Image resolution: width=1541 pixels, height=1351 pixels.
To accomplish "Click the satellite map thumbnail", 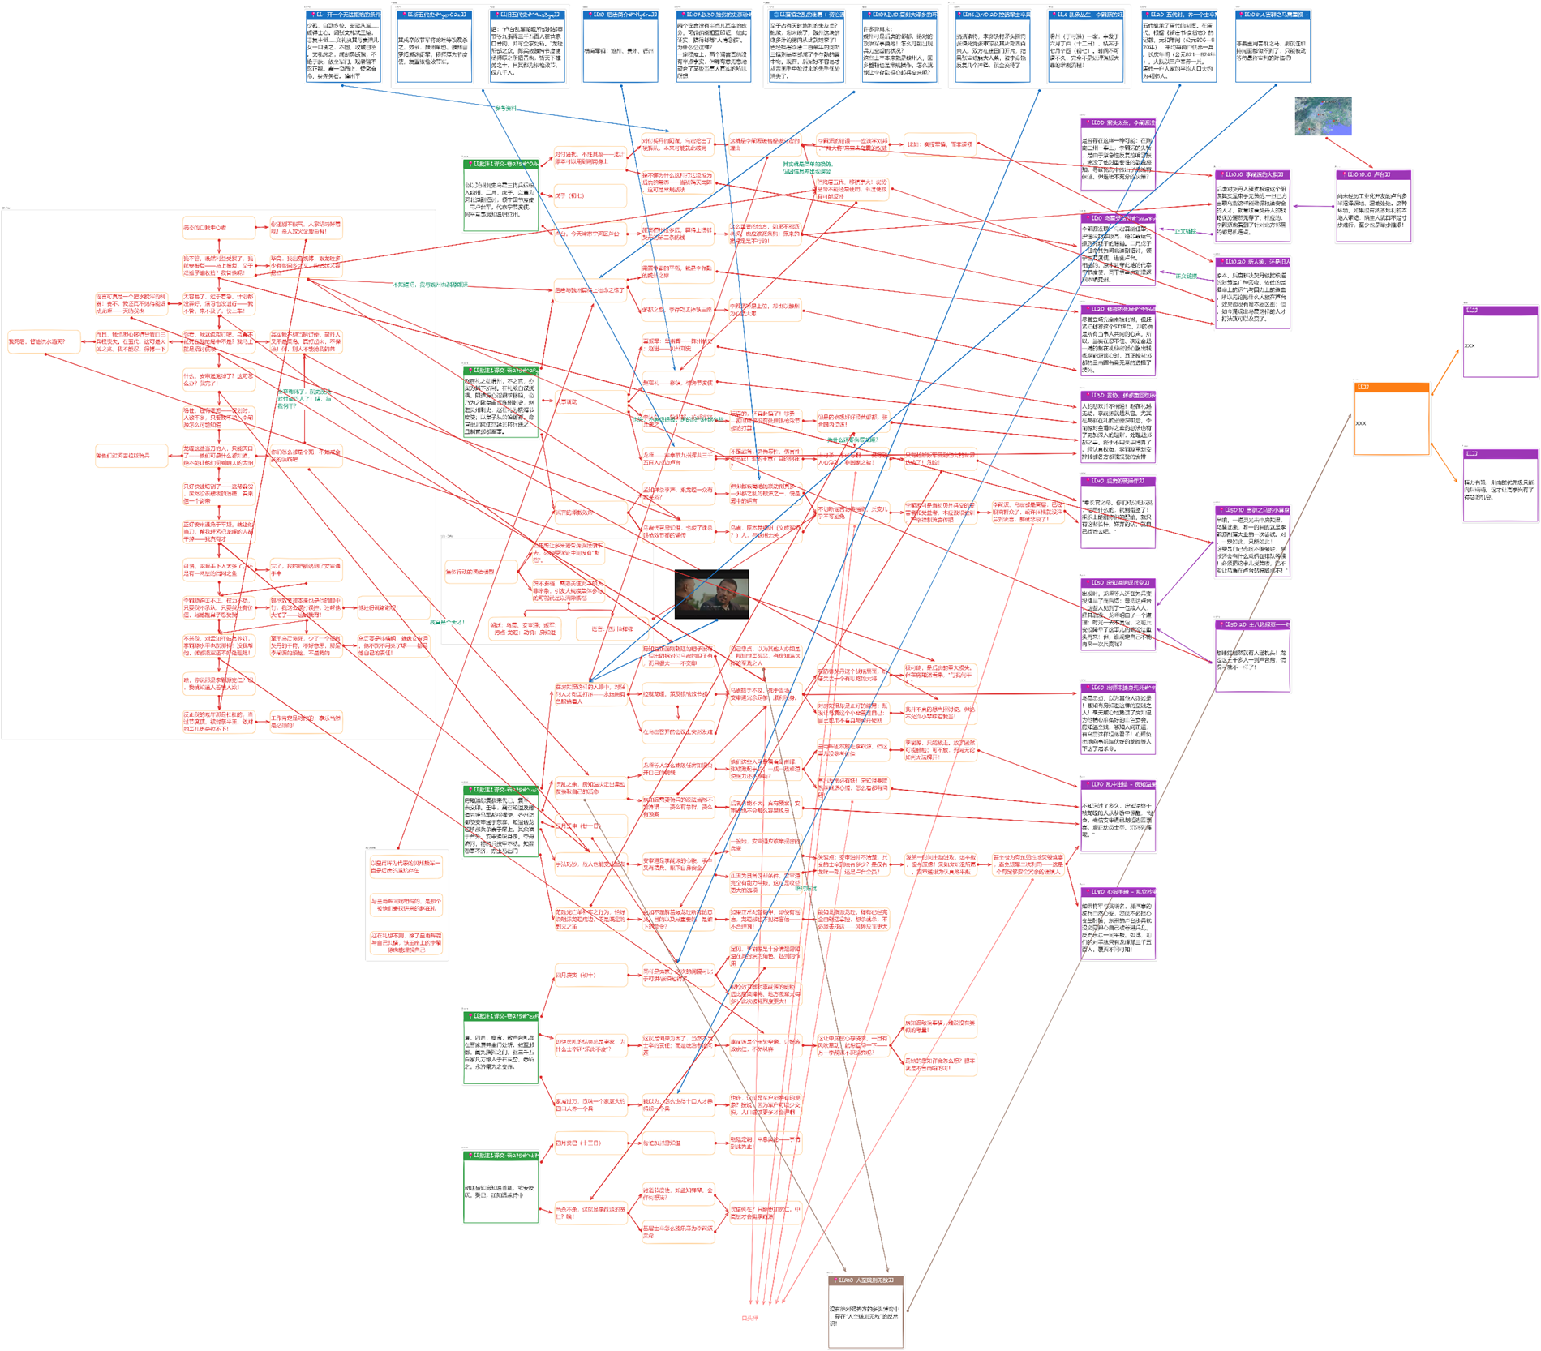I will point(1323,116).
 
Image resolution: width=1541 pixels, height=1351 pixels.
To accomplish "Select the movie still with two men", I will point(711,594).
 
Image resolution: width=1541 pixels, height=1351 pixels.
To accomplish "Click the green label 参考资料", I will point(505,108).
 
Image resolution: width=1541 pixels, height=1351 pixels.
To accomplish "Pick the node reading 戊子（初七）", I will point(590,195).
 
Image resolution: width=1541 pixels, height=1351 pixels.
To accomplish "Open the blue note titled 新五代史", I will point(434,47).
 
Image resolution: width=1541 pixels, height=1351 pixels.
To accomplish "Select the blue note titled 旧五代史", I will point(527,47).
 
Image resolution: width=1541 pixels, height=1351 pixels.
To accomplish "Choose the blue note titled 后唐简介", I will point(620,47).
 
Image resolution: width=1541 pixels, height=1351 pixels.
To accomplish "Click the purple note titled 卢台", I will point(1373,206).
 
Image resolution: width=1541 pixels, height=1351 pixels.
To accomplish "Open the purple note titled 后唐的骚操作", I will point(1118,513).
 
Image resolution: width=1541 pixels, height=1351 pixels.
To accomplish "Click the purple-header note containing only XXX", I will point(1500,341).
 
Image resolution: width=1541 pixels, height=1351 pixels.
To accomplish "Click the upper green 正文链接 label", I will point(1185,232).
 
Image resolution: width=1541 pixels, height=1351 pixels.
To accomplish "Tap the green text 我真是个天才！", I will point(447,622).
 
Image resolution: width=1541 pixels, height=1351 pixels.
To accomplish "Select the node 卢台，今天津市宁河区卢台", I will point(590,234).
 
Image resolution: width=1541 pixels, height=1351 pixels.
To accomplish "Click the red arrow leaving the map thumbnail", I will point(1347,152).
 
